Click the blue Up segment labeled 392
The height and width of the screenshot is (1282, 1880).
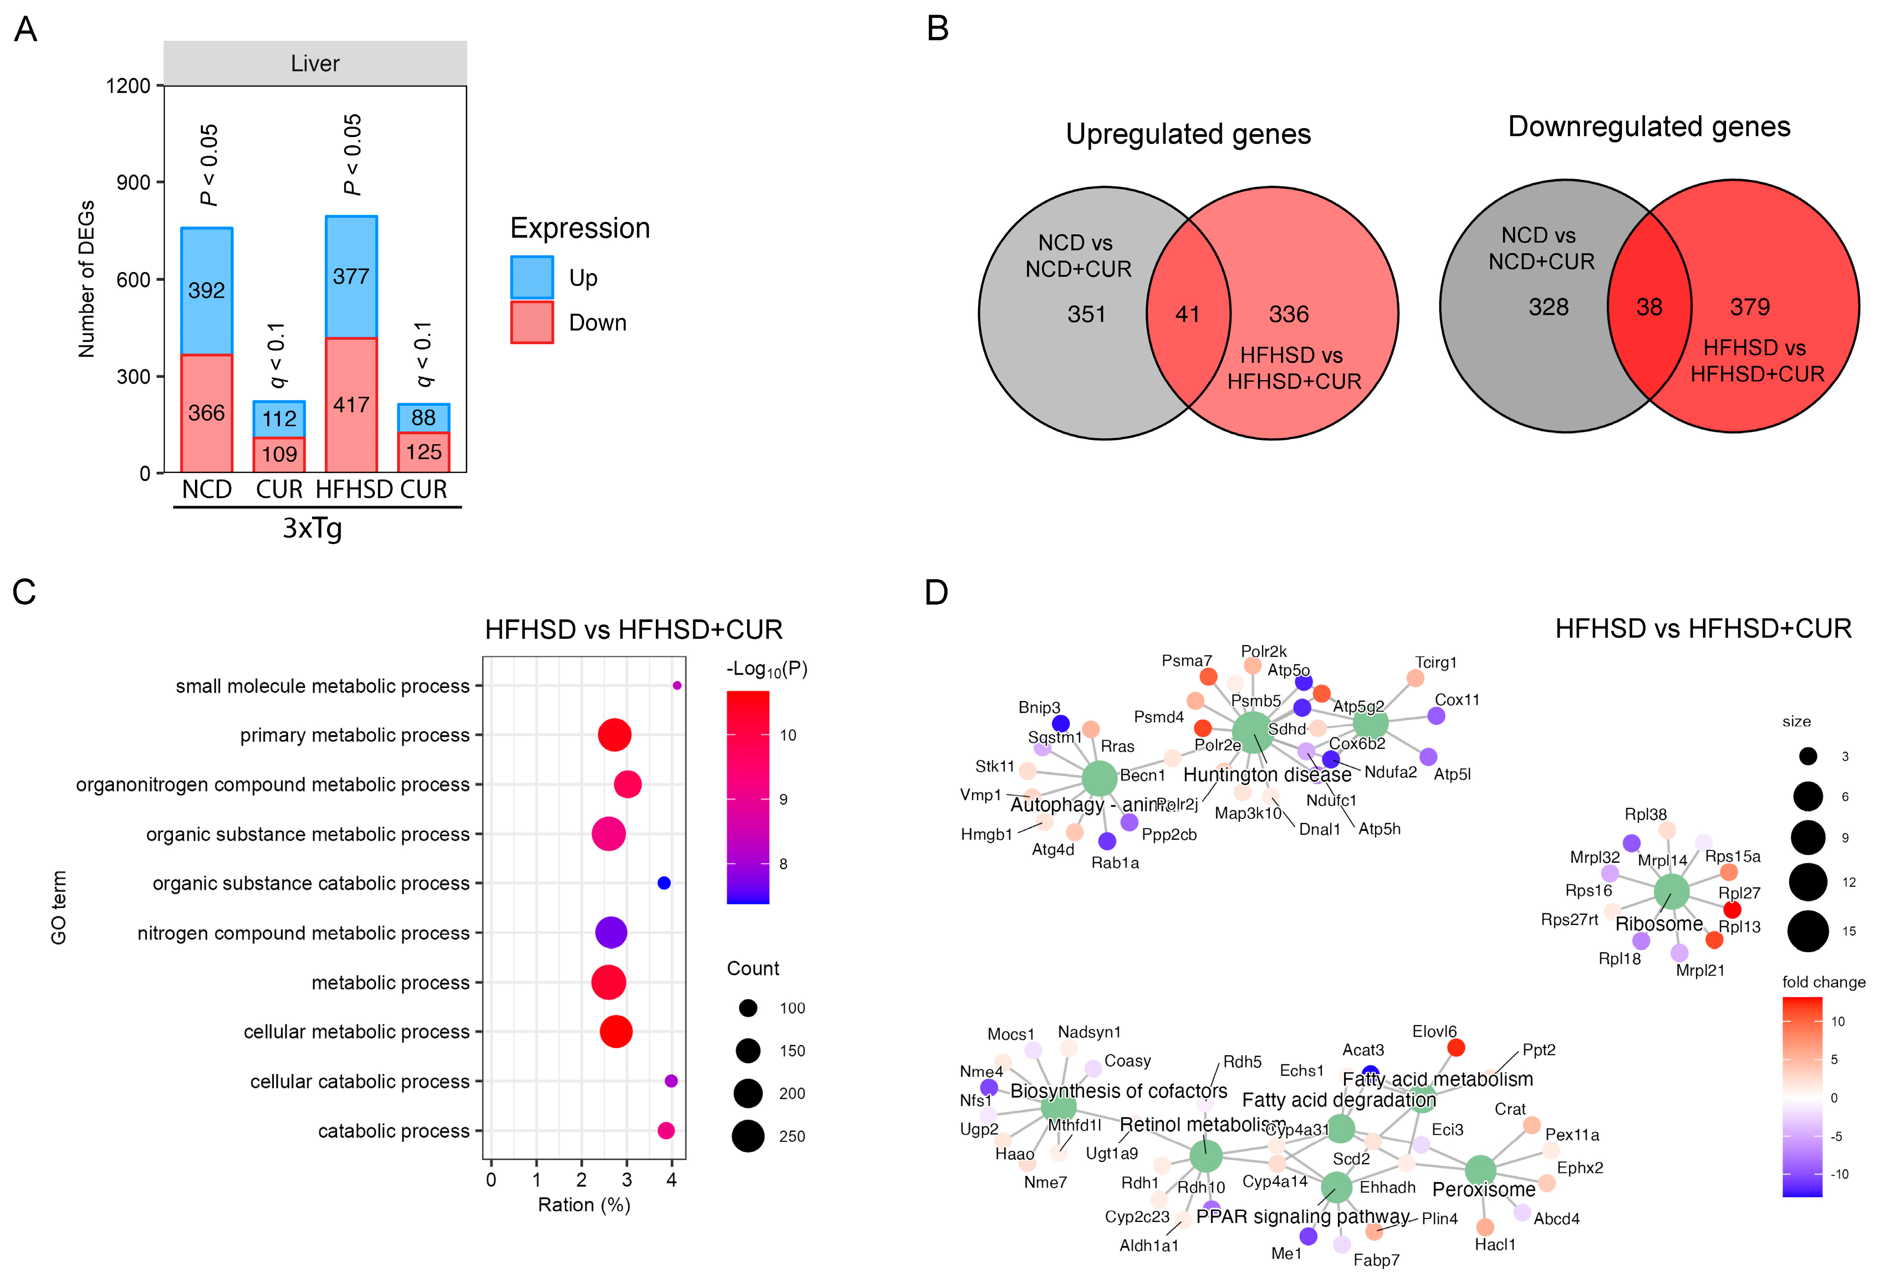click(206, 291)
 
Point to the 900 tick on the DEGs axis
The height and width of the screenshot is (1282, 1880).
click(134, 182)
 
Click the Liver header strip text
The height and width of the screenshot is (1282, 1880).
click(315, 63)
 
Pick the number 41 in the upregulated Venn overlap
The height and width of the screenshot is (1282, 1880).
click(1187, 314)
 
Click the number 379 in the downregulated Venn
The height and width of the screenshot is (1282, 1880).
click(1749, 307)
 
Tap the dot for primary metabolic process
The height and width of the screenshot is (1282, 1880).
click(614, 735)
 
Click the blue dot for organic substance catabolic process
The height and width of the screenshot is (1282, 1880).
click(663, 883)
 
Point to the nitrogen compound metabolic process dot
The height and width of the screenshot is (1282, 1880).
click(611, 932)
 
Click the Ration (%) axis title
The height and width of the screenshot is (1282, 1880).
click(584, 1205)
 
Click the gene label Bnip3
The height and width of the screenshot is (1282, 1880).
click(1039, 707)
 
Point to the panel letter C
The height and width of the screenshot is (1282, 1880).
click(24, 592)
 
